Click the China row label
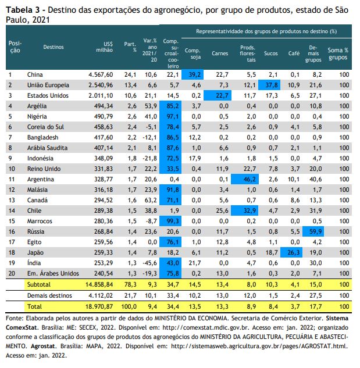pyautogui.click(x=35, y=74)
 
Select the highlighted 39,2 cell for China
pyautogui.click(x=193, y=74)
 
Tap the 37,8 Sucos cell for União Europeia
pyautogui.click(x=269, y=85)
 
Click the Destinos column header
pyautogui.click(x=54, y=47)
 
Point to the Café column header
pyautogui.click(x=294, y=53)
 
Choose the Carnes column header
pyautogui.click(x=220, y=53)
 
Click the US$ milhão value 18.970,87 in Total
pyautogui.click(x=99, y=306)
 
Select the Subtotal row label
pyautogui.click(x=39, y=284)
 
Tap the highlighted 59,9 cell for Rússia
pyautogui.click(x=313, y=231)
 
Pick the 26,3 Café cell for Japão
pyautogui.click(x=291, y=252)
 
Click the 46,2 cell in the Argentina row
pyautogui.click(x=245, y=179)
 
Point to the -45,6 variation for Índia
pyautogui.click(x=149, y=263)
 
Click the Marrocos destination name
pyautogui.click(x=40, y=221)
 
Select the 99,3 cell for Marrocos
pyautogui.click(x=170, y=221)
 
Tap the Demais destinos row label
pyautogui.click(x=49, y=295)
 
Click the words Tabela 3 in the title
pyautogui.click(x=23, y=10)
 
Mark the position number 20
pyautogui.click(x=12, y=273)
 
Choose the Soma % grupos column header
pyautogui.click(x=338, y=53)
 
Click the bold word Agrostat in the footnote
pyautogui.click(x=44, y=346)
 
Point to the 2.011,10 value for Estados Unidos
pyautogui.click(x=101, y=95)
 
